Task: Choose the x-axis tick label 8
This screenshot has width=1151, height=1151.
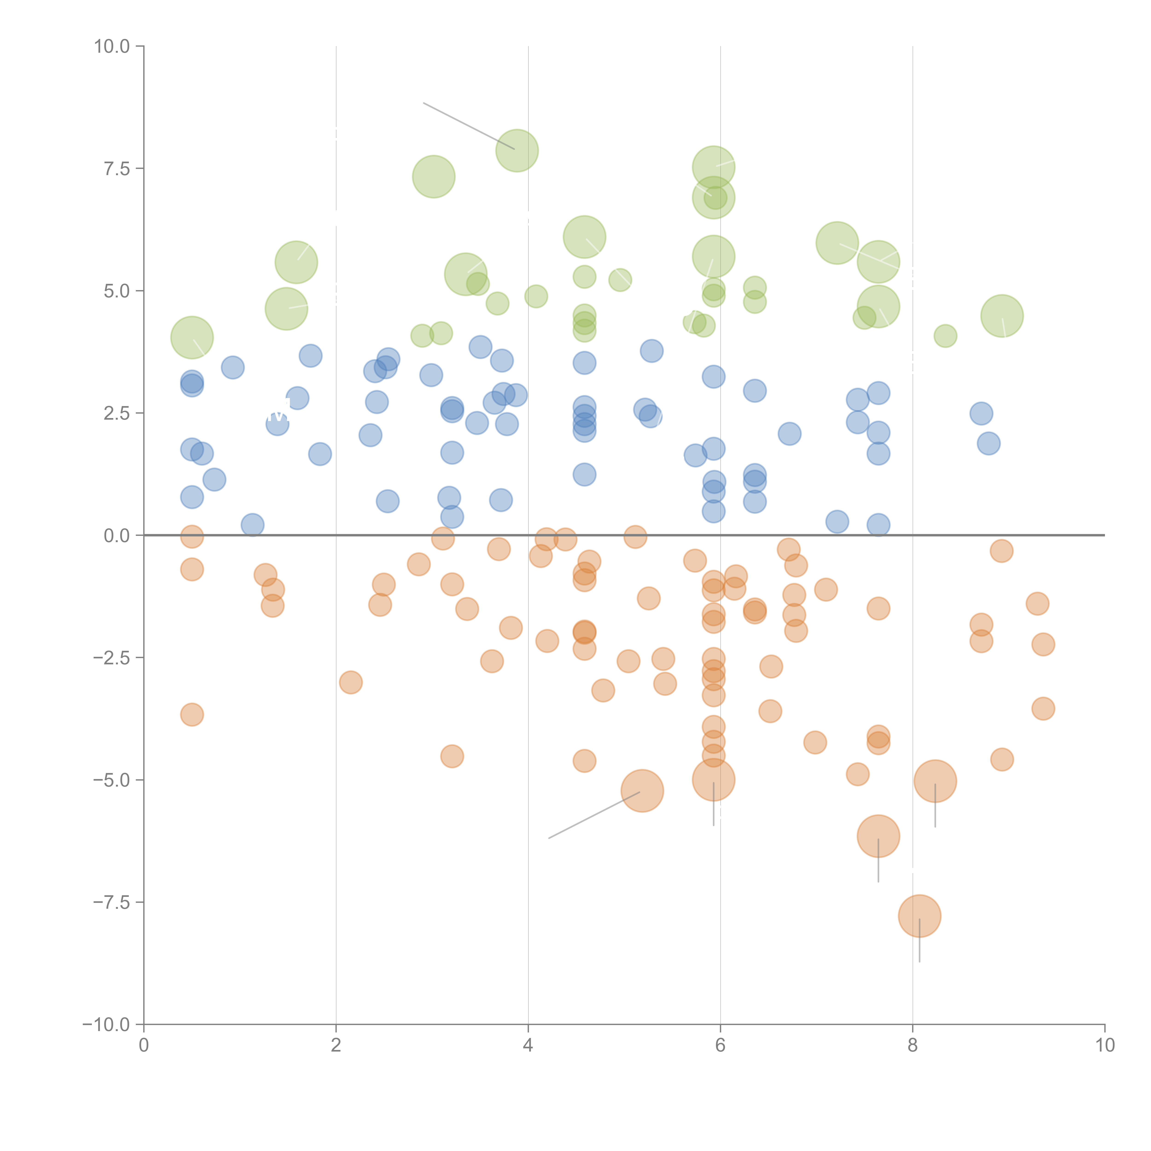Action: (913, 1046)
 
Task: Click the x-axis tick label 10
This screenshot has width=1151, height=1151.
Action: (1104, 1046)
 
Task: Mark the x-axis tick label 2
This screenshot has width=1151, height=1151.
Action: (336, 1046)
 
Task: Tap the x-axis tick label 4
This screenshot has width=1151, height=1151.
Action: (528, 1046)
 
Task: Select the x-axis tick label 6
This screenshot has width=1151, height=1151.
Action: (720, 1046)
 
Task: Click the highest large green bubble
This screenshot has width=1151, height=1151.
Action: (517, 150)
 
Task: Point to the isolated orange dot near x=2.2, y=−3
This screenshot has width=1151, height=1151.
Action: (351, 682)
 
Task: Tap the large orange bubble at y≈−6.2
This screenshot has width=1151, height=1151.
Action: (878, 836)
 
